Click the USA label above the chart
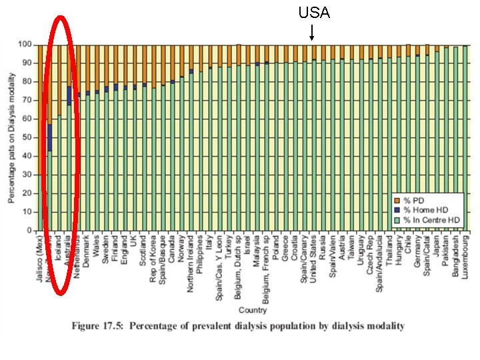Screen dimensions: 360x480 click(x=313, y=13)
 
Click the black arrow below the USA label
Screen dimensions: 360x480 click(x=313, y=32)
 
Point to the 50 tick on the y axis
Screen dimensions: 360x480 click(x=27, y=137)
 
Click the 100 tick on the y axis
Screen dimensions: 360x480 click(x=25, y=45)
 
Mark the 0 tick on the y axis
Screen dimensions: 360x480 click(x=29, y=231)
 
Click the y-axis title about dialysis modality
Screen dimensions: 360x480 click(x=11, y=137)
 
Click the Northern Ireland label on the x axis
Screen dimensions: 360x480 click(x=191, y=261)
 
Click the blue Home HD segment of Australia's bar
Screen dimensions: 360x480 click(x=69, y=95)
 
